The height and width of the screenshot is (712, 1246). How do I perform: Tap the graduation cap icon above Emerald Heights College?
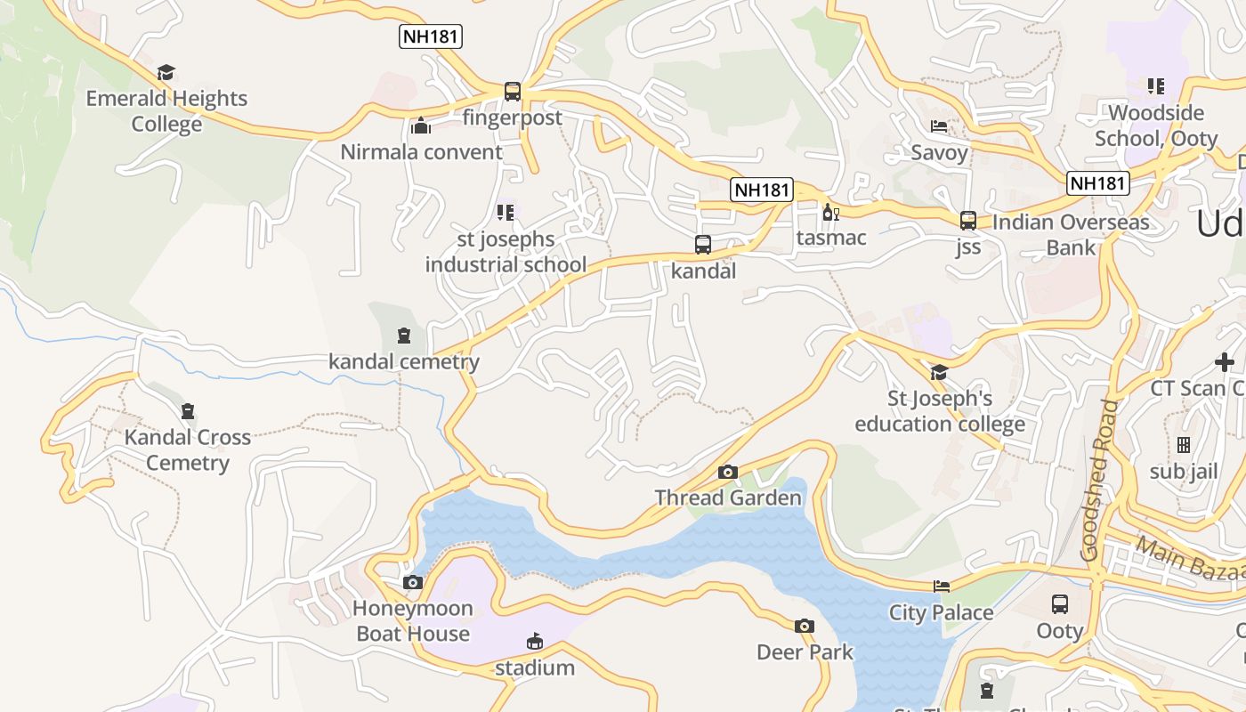pos(166,72)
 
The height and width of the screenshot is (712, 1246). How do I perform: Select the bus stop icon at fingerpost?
pos(513,91)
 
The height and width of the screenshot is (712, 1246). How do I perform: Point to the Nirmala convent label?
pos(421,152)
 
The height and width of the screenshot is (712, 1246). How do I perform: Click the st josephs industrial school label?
pos(506,252)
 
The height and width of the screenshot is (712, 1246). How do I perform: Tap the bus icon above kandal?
pos(703,244)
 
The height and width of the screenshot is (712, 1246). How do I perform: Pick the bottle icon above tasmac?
pos(830,213)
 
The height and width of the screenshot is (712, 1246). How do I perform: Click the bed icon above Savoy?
pos(939,125)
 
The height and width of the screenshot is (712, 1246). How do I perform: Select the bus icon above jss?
pos(968,221)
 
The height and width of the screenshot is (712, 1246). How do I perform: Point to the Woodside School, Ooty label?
pos(1156,125)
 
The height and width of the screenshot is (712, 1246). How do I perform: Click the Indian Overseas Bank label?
pos(1071,234)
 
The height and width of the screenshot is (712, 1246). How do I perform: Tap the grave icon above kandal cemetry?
pos(404,336)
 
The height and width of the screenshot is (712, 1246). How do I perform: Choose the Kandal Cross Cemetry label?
pos(188,449)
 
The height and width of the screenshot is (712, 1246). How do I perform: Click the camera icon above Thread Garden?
pos(728,472)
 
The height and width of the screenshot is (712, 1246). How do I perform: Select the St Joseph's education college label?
pos(940,411)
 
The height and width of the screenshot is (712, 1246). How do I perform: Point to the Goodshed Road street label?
pos(1099,481)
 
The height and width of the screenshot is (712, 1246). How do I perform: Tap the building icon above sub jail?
pos(1184,444)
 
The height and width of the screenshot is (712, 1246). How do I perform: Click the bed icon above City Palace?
pos(942,586)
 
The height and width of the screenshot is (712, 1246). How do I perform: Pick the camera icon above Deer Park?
pos(805,626)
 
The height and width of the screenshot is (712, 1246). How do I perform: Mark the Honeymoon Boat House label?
pos(413,621)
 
